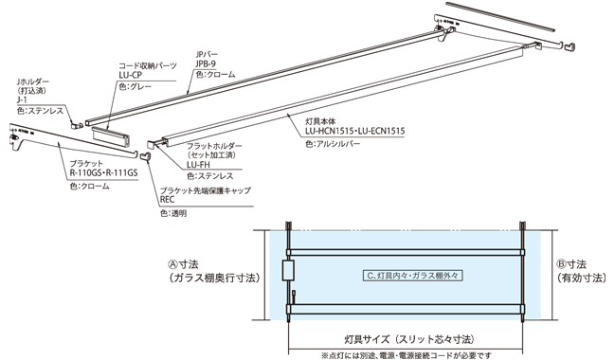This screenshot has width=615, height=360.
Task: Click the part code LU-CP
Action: point(131,72)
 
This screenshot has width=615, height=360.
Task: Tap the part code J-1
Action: point(22,99)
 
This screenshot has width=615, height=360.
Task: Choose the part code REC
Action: point(167,200)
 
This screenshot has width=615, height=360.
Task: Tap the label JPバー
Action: point(207,54)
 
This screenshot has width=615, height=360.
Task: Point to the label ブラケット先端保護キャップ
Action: point(206,189)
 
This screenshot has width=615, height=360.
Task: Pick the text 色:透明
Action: point(172,212)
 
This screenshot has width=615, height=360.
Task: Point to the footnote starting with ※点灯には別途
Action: point(408,353)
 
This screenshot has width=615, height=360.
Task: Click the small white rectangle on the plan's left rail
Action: point(289,272)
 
